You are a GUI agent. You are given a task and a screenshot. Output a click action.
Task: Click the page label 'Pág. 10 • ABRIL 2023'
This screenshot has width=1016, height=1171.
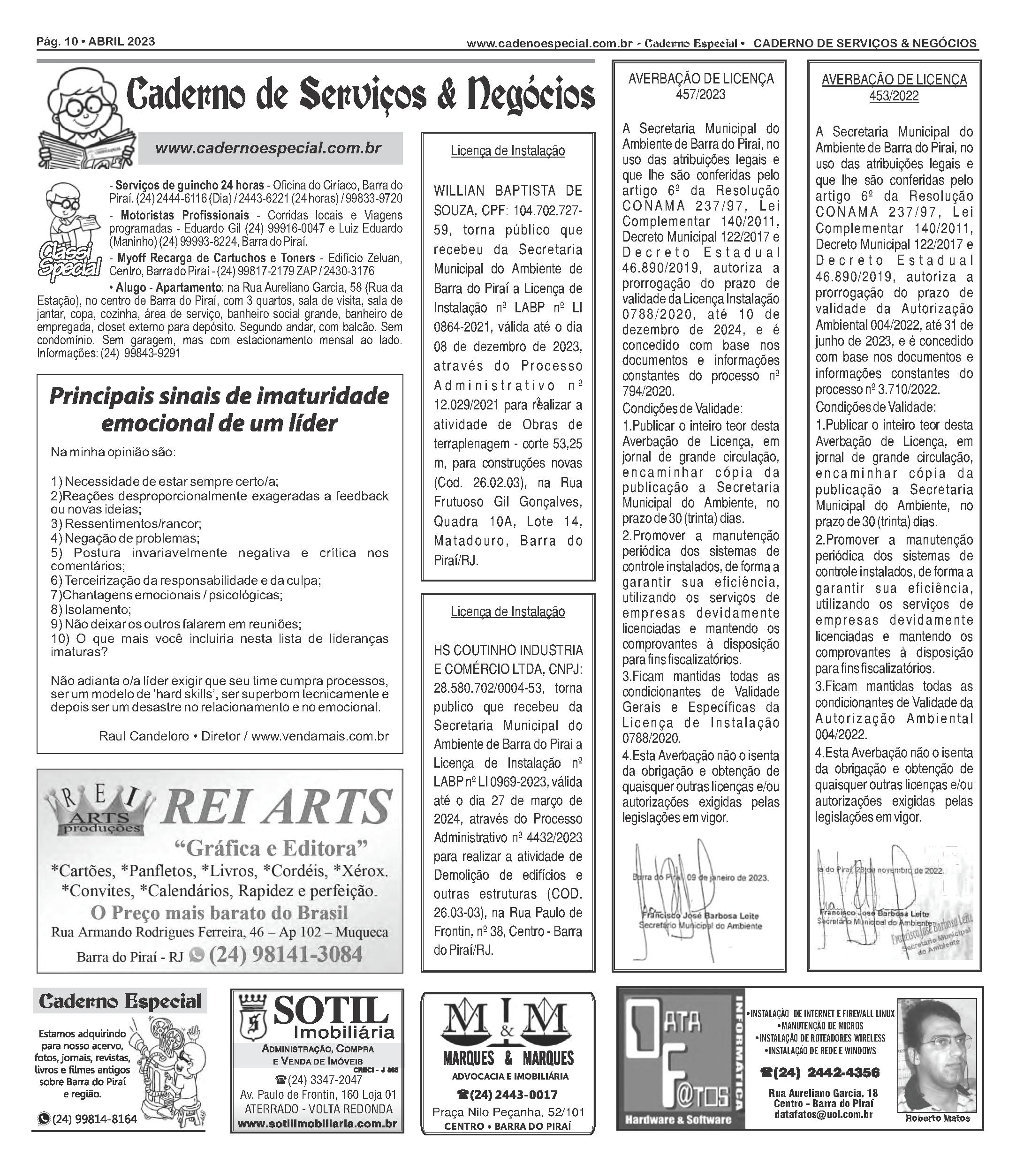pyautogui.click(x=95, y=41)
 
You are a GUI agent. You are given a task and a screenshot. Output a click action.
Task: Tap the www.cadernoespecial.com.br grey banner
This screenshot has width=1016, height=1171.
pyautogui.click(x=270, y=149)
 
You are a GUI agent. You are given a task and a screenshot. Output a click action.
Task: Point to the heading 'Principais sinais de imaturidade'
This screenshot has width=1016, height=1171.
pyautogui.click(x=220, y=396)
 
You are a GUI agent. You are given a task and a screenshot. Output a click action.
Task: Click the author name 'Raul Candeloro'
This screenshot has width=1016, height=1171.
pyautogui.click(x=144, y=736)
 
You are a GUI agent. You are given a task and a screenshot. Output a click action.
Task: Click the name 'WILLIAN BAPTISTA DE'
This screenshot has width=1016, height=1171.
pyautogui.click(x=508, y=191)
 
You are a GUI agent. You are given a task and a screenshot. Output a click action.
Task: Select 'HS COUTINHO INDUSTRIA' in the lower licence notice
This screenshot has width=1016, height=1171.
pyautogui.click(x=508, y=650)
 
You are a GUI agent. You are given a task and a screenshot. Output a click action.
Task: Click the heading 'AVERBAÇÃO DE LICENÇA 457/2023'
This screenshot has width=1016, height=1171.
pyautogui.click(x=700, y=86)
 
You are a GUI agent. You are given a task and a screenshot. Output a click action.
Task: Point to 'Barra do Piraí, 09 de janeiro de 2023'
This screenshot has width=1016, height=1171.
pyautogui.click(x=700, y=878)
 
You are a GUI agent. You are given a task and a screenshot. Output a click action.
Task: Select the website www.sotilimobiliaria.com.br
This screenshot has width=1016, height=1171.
pyautogui.click(x=317, y=1124)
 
